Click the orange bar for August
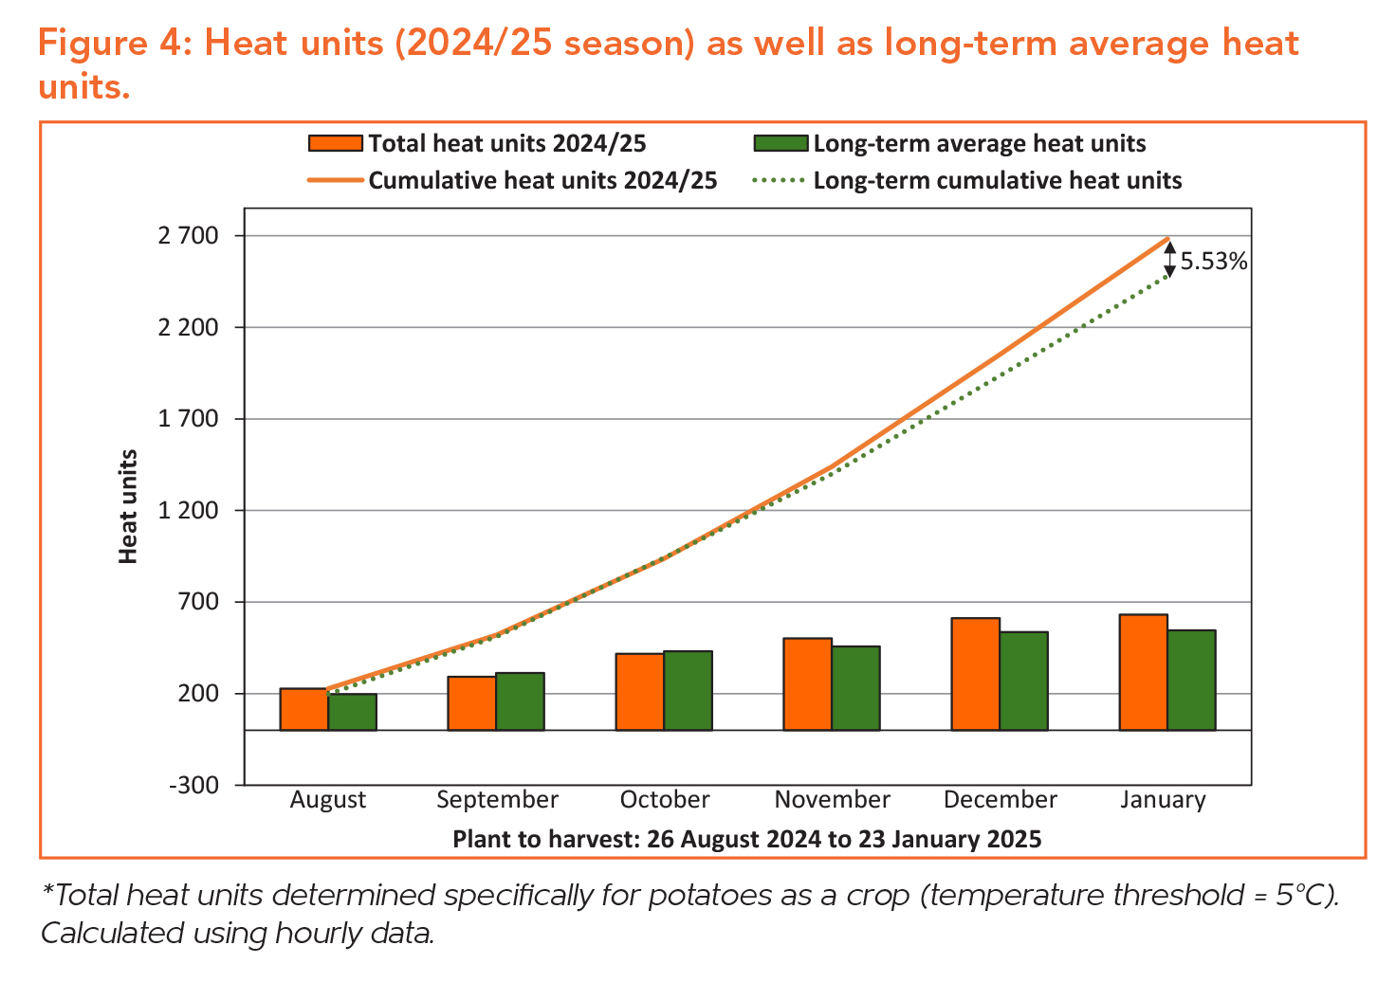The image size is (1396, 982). click(x=304, y=709)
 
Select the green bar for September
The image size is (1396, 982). click(x=520, y=701)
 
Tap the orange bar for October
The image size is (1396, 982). click(x=640, y=692)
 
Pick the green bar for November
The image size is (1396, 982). click(x=855, y=688)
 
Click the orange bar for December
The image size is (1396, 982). click(x=976, y=674)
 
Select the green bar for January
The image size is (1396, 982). click(x=1191, y=680)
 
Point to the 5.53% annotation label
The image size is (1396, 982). click(x=1214, y=262)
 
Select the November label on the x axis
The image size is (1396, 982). click(x=832, y=800)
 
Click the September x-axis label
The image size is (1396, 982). click(x=497, y=800)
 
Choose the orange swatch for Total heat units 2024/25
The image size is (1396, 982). click(x=336, y=144)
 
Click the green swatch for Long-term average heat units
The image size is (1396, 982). click(x=781, y=144)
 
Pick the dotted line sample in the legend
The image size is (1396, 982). click(x=779, y=180)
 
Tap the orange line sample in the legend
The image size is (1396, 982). click(x=335, y=180)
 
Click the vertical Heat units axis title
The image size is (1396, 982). click(x=129, y=506)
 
